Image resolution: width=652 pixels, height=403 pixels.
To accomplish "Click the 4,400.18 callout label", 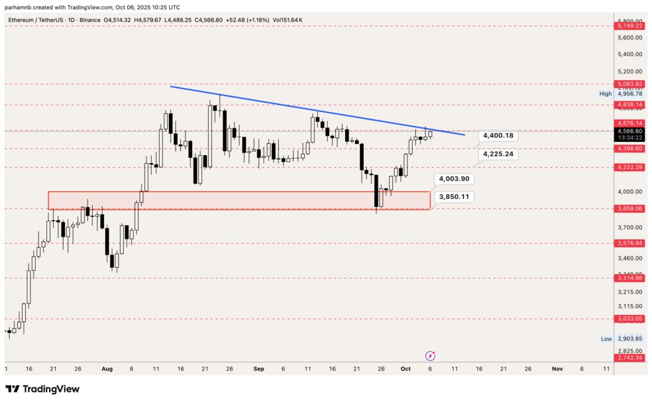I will click(498, 135).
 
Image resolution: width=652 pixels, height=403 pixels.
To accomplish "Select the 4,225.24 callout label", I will click(498, 154).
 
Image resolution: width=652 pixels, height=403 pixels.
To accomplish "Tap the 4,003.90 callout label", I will click(453, 179).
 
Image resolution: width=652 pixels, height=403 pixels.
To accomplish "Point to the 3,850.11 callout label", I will click(453, 197).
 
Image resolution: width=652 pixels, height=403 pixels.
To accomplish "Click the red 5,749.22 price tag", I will click(629, 26).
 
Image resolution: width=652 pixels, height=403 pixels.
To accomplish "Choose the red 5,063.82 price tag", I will click(629, 84).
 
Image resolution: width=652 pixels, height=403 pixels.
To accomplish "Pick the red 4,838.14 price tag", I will click(629, 105).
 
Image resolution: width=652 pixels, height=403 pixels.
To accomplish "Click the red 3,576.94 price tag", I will click(629, 243).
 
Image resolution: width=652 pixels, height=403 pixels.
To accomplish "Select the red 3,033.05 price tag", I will click(629, 319).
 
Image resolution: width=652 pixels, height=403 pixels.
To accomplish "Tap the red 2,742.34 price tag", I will click(629, 358).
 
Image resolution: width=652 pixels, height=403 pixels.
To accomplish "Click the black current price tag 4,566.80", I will click(629, 131).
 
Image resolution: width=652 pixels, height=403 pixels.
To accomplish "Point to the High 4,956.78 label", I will click(622, 94).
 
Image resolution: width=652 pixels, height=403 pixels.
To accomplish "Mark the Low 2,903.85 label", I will click(622, 339).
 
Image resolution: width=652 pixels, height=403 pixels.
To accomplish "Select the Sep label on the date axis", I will click(258, 369).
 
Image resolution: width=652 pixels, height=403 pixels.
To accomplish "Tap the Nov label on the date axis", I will click(557, 369).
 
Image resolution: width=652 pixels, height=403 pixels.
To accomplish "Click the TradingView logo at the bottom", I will click(42, 389).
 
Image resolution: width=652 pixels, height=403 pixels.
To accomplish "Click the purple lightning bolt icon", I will click(430, 356).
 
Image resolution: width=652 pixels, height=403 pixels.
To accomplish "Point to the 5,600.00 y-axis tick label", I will click(629, 38).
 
